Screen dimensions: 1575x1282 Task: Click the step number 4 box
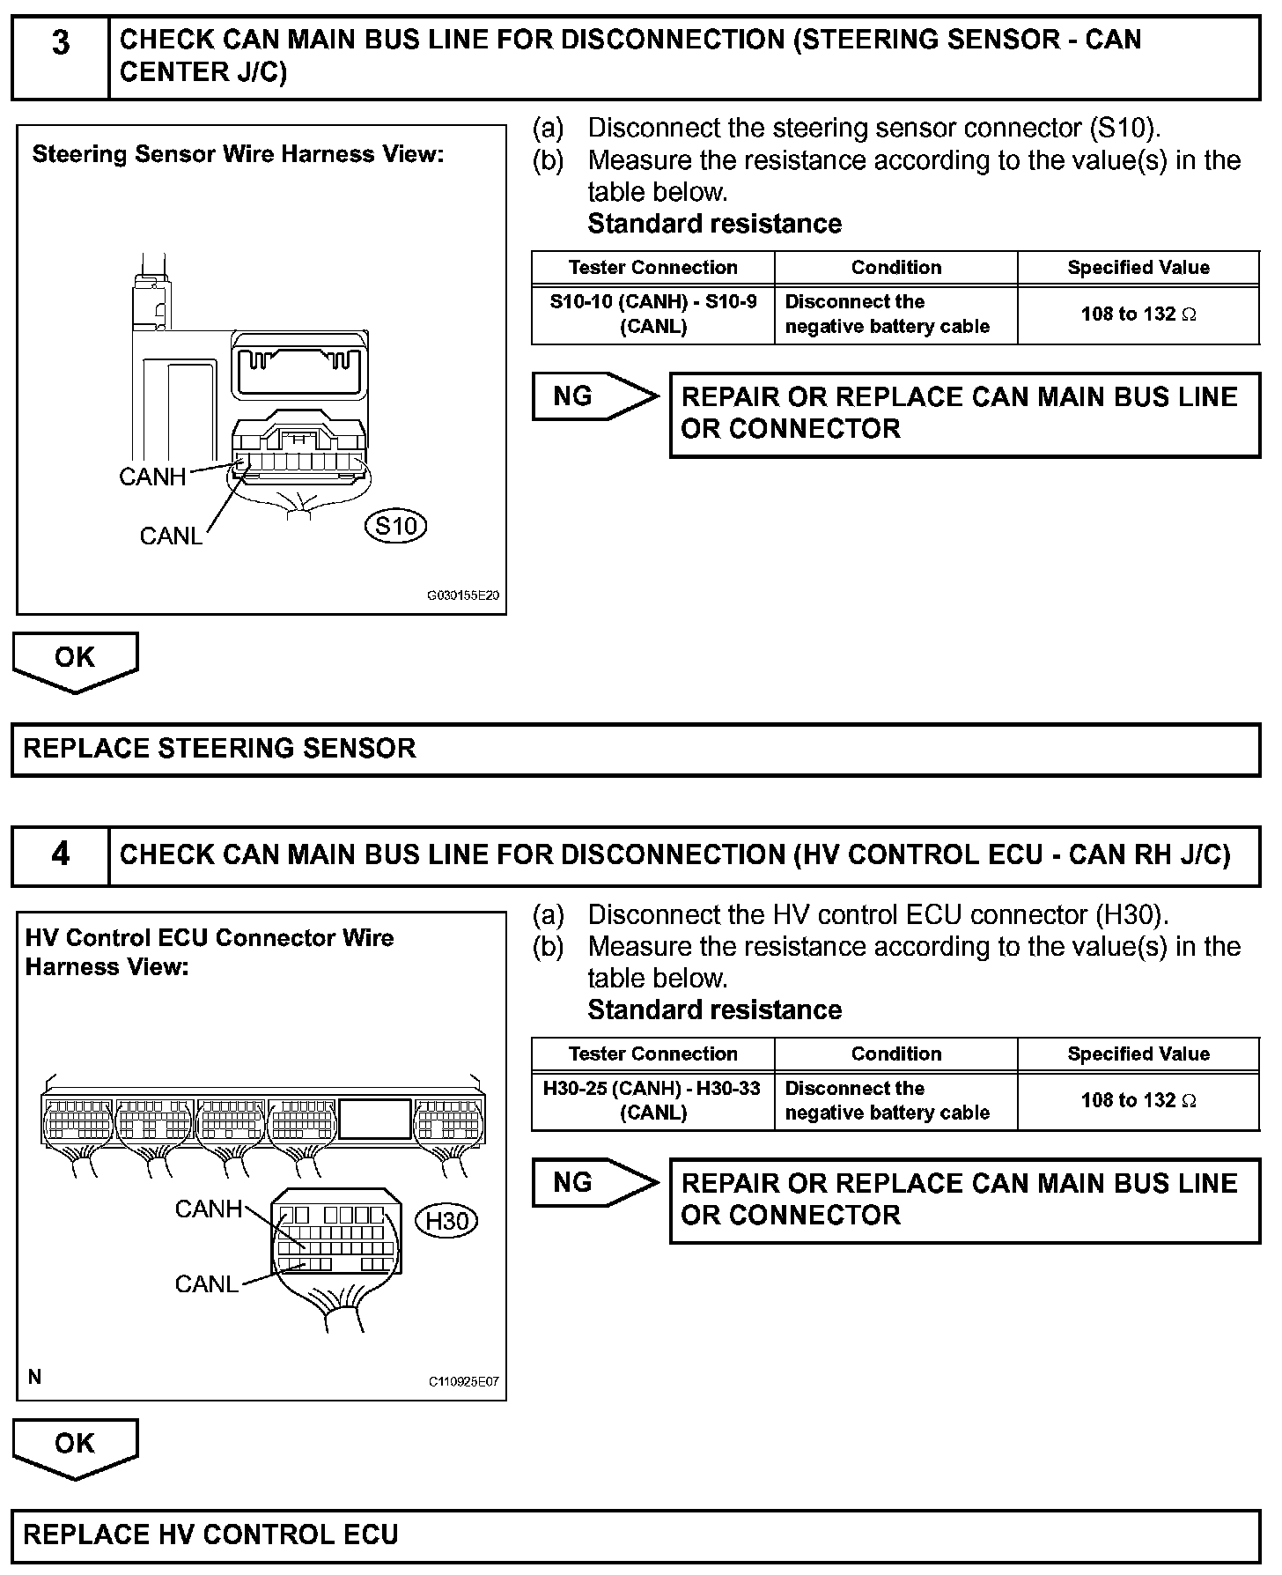point(60,855)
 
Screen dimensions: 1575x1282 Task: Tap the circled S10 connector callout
point(395,527)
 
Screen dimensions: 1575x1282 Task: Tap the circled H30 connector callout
point(446,1221)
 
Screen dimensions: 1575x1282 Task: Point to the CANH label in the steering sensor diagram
point(152,477)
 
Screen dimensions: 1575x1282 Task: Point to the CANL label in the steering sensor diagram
point(171,536)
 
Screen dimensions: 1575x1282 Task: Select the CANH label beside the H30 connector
point(208,1209)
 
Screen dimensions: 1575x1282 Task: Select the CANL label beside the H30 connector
point(206,1284)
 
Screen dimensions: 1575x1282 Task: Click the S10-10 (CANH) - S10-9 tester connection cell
point(652,314)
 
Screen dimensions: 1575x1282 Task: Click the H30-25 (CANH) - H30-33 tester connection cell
point(652,1100)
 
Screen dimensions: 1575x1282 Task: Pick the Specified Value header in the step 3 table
point(1138,268)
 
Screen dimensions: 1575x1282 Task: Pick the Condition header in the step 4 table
point(895,1054)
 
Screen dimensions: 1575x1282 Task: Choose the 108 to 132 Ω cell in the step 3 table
point(1138,314)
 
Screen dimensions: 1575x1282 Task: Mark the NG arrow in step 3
point(593,396)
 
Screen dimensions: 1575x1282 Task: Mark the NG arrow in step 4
point(593,1183)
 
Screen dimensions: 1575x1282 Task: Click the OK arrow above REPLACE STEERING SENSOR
point(75,661)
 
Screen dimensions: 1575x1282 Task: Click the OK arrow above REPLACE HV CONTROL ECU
point(75,1447)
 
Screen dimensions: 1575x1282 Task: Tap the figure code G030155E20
point(463,595)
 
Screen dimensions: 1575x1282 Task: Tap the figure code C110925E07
point(463,1381)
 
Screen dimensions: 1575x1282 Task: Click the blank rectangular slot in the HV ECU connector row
point(375,1120)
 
